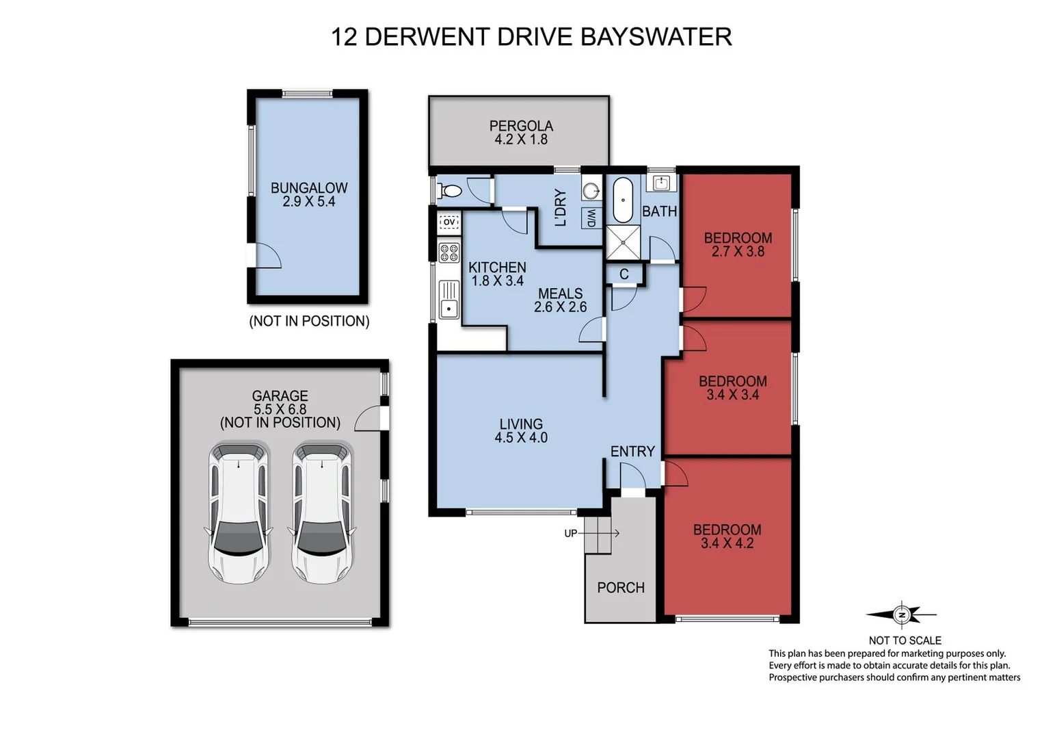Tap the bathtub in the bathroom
622,200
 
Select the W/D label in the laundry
591,218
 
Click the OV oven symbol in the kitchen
449,222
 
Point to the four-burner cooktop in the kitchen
449,252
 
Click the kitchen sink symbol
449,300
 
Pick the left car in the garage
239,513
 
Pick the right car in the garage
322,513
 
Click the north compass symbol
902,615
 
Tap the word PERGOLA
521,126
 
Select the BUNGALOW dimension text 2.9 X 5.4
309,202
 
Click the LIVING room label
521,424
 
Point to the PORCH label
621,588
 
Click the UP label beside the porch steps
570,534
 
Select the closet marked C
624,274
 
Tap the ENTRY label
632,452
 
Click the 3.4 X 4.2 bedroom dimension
727,543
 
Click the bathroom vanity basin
661,183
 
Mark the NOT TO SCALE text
905,640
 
